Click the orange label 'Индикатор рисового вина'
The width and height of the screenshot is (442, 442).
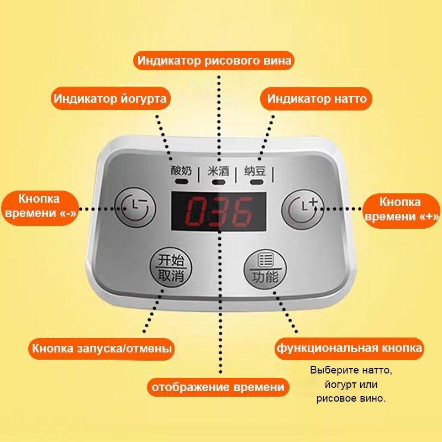tap(215, 60)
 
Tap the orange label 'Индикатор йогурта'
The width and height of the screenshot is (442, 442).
tap(110, 99)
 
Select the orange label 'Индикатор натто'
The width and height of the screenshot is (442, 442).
tap(317, 99)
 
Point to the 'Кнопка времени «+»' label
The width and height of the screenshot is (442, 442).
tap(400, 209)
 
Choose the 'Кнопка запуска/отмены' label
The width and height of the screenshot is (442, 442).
tap(102, 349)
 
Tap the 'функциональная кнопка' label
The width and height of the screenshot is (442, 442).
tap(349, 348)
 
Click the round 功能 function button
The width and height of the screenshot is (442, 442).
tap(265, 269)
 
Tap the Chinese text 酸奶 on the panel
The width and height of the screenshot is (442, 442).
tap(181, 171)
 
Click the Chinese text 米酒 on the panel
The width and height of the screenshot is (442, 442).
tap(218, 171)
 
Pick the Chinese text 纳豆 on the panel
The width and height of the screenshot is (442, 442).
tap(255, 171)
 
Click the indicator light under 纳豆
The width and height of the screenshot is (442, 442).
tap(256, 181)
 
